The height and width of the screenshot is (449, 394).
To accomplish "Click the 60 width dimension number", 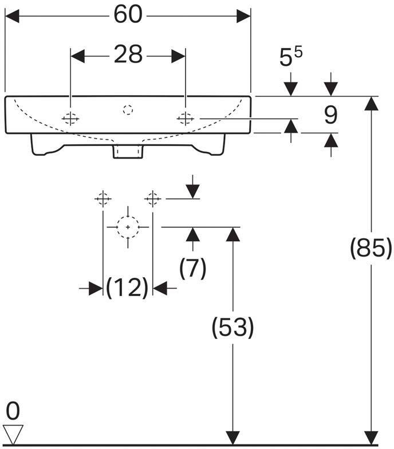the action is click(x=128, y=15).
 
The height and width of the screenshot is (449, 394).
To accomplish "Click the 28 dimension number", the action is click(x=128, y=54).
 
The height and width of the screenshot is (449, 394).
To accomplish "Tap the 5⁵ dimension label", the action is click(x=291, y=56).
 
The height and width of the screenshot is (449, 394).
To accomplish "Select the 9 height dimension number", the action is click(x=331, y=115).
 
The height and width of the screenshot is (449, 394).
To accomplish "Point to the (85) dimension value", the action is click(x=371, y=248).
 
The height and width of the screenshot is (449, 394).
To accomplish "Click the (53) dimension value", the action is click(x=233, y=327).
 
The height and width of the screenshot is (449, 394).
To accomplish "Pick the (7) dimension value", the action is click(x=192, y=268).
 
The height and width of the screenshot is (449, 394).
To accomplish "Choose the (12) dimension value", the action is click(x=127, y=287).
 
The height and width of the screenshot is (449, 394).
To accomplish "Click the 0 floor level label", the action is click(x=13, y=411).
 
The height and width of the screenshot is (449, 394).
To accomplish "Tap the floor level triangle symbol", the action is click(x=13, y=434).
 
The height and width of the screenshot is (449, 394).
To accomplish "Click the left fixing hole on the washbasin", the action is click(x=70, y=118).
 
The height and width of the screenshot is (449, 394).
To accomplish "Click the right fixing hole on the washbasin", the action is click(x=186, y=118).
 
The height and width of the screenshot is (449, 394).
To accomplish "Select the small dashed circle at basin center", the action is click(x=128, y=110).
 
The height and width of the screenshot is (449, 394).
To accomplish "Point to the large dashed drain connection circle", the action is click(x=128, y=227).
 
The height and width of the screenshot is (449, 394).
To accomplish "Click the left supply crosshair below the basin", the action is click(x=103, y=198).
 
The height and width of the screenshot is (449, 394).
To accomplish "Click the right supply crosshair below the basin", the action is click(x=152, y=198).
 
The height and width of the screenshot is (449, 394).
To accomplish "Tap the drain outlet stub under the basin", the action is click(x=128, y=151).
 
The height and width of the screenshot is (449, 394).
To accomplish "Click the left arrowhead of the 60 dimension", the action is click(x=12, y=16).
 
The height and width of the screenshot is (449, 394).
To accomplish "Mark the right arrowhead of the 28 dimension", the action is click(x=179, y=56).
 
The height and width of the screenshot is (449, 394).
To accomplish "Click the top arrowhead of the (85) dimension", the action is click(x=371, y=103).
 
